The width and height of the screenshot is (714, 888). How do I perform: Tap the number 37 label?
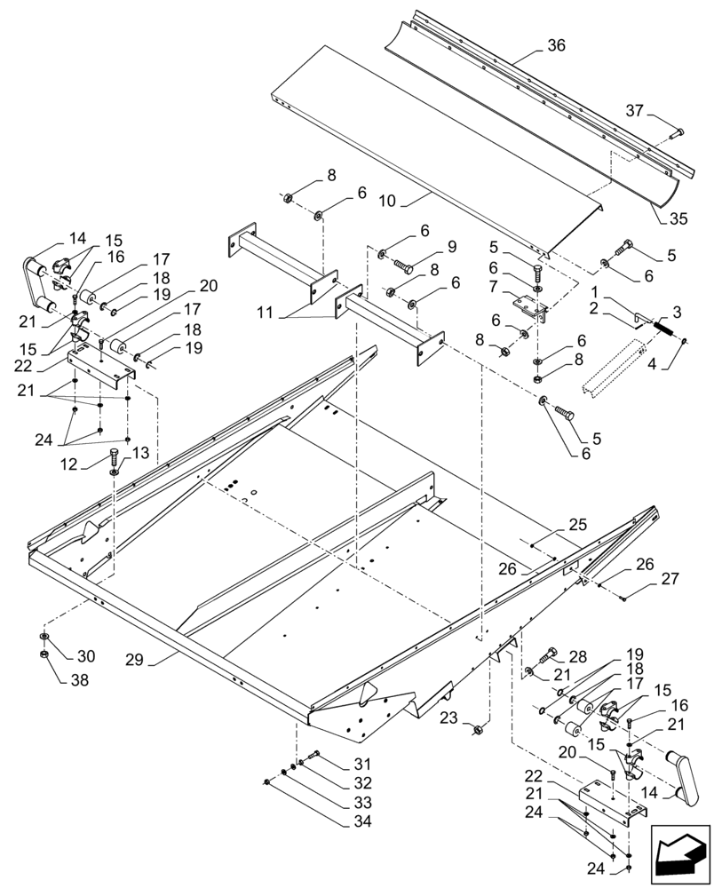point(635,111)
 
